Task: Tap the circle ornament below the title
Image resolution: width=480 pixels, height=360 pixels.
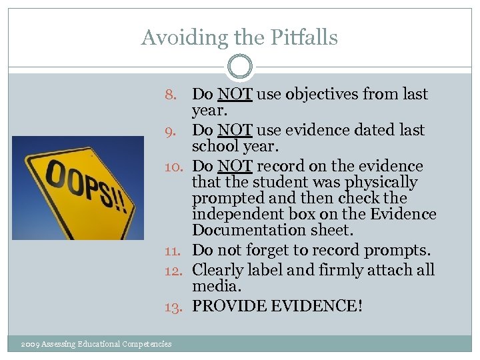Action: [x=239, y=67]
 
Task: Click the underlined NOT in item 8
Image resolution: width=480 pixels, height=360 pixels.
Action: [x=235, y=95]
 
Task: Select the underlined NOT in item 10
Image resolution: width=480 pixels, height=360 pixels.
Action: [x=235, y=166]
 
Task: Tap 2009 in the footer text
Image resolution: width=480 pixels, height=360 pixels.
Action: [x=30, y=344]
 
